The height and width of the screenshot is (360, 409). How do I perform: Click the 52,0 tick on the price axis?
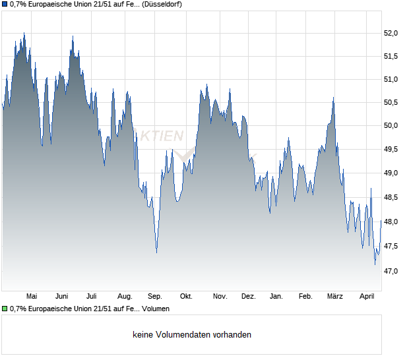click(391, 33)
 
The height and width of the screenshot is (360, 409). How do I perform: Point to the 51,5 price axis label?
click(391, 57)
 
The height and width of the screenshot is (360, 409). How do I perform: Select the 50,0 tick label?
click(391, 125)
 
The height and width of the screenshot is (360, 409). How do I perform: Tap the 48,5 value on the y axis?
click(391, 197)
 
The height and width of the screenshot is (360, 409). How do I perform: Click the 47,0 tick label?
click(391, 271)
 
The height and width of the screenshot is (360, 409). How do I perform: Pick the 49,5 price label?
click(391, 150)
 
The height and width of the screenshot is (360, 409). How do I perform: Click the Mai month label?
click(32, 296)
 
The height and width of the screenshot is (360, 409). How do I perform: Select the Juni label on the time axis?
click(62, 296)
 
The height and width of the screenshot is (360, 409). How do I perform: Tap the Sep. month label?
click(155, 296)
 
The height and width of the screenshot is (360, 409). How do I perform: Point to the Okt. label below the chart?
click(186, 296)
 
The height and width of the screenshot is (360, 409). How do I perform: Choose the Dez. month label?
click(248, 296)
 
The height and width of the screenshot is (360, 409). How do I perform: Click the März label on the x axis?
click(336, 296)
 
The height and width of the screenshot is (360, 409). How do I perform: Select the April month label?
click(367, 296)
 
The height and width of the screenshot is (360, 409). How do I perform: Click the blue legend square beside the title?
click(5, 5)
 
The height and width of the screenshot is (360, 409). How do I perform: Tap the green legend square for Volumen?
click(5, 309)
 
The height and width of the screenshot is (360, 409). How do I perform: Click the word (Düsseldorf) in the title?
click(162, 5)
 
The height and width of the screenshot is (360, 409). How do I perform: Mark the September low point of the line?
click(156, 253)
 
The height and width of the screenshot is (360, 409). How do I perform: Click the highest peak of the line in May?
click(24, 33)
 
